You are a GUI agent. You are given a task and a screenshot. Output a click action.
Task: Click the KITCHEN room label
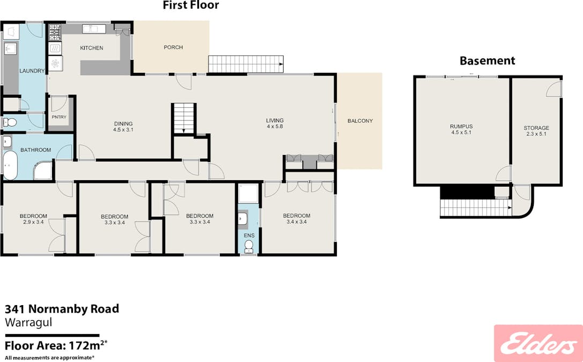(92, 48)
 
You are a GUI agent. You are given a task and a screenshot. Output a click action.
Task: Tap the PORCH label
(173, 48)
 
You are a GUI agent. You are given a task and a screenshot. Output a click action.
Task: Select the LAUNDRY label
(31, 71)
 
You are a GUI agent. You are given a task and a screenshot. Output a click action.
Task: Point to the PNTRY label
(58, 117)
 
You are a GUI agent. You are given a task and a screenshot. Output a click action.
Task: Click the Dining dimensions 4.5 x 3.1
(123, 130)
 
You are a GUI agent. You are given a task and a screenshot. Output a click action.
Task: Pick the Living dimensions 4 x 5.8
(275, 127)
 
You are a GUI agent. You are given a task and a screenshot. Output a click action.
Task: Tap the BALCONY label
(360, 121)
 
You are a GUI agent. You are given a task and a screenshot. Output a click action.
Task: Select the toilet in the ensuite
(248, 246)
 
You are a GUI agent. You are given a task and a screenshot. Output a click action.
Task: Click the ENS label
(248, 235)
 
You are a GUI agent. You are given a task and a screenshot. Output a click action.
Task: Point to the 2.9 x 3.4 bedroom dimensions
(34, 222)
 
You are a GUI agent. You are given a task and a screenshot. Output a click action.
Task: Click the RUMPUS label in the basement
(461, 127)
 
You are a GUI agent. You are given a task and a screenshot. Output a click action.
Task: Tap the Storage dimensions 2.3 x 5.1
(536, 134)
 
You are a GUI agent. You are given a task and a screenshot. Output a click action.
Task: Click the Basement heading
(488, 61)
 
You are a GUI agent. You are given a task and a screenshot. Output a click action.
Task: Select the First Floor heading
(191, 5)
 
